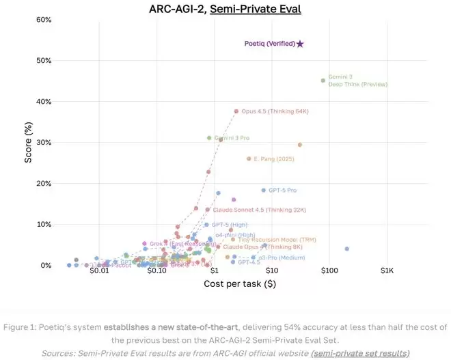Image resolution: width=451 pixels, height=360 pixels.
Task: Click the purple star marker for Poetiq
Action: click(x=300, y=44)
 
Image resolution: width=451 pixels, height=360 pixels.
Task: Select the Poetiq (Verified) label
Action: click(x=270, y=44)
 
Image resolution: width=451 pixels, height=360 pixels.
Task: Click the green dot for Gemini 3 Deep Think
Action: click(x=323, y=81)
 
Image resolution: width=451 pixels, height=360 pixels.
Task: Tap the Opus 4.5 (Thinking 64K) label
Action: click(x=273, y=111)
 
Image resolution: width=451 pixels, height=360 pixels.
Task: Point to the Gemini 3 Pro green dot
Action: click(x=209, y=138)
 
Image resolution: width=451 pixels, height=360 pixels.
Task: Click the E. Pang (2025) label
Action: click(x=273, y=159)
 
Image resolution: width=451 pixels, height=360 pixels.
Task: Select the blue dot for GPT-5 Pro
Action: click(x=263, y=191)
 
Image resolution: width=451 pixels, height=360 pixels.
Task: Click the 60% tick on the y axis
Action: click(x=25, y=20)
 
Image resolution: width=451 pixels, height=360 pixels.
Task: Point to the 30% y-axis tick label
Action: click(x=25, y=143)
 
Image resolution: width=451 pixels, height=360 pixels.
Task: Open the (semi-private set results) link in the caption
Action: click(x=360, y=352)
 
